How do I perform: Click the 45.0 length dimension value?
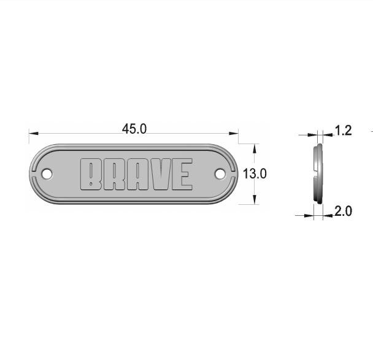tap(134, 129)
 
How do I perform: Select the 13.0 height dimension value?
tap(255, 174)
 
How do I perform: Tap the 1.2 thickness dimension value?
tap(343, 131)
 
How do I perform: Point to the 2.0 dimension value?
tap(343, 211)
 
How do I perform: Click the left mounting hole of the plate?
tap(47, 174)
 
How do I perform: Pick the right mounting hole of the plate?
tap(220, 174)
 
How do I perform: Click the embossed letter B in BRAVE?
tap(91, 174)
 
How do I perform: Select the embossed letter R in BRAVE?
tap(113, 174)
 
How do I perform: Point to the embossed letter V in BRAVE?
tap(161, 174)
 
